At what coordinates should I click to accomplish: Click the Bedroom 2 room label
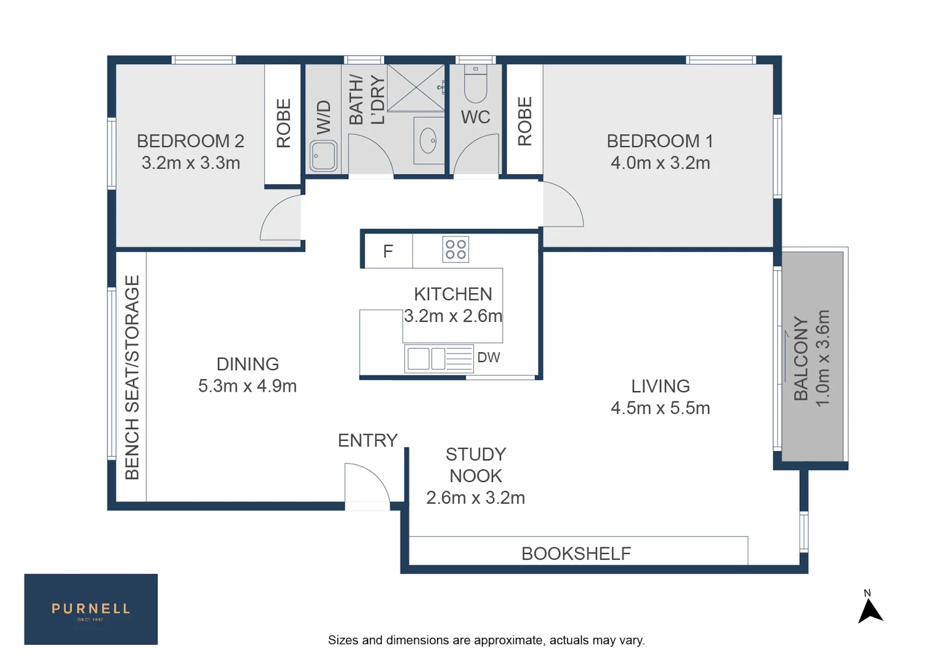click(x=190, y=141)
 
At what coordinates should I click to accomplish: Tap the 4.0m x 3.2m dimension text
click(x=660, y=163)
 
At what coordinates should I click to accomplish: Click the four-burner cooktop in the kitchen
click(x=456, y=249)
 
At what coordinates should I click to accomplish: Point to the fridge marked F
click(x=388, y=251)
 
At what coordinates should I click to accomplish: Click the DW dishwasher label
click(x=489, y=357)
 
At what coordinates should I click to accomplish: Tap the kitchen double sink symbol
click(x=427, y=358)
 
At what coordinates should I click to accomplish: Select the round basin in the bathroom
click(x=428, y=141)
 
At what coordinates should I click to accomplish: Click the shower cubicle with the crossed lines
click(x=416, y=87)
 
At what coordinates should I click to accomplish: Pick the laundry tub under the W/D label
click(x=324, y=156)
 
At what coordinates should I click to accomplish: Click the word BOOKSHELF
click(x=576, y=554)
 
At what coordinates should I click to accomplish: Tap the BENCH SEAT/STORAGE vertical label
click(x=132, y=377)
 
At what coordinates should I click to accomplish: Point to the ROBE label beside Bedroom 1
click(x=524, y=121)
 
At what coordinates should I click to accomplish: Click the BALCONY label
click(x=801, y=358)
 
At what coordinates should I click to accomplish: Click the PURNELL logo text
click(x=90, y=608)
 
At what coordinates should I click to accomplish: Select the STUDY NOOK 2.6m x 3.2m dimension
click(x=475, y=498)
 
